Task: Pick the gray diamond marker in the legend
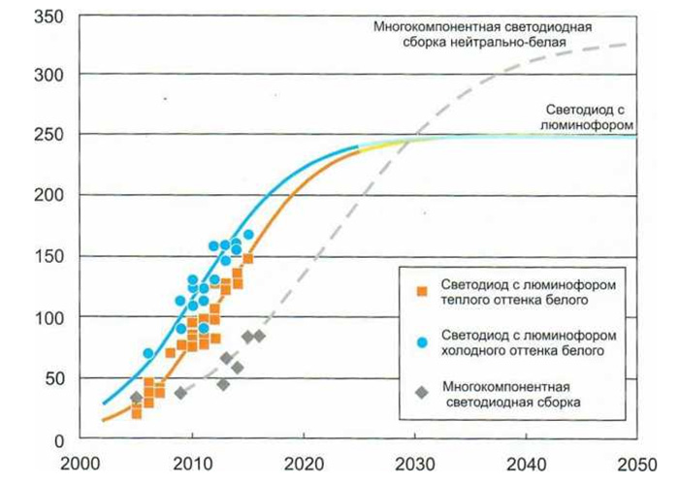pyautogui.click(x=421, y=391)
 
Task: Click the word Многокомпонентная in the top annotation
pyautogui.click(x=434, y=26)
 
